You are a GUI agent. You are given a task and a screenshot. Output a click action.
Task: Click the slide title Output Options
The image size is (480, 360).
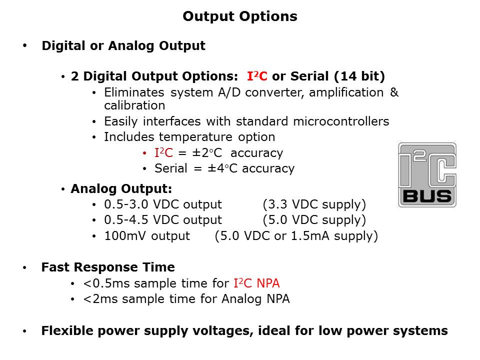pos(240,16)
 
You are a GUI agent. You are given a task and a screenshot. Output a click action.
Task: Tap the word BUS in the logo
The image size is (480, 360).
pos(427,196)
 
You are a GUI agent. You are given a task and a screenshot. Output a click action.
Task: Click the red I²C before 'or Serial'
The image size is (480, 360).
pos(257,76)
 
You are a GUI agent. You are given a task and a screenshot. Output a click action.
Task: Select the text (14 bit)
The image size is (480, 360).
pos(359,76)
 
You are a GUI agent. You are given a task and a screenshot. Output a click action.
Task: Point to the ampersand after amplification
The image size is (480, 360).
pos(394,92)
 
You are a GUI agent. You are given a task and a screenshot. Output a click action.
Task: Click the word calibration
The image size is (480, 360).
pos(134,105)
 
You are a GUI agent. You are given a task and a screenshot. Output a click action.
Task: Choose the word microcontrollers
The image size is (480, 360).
pos(341,121)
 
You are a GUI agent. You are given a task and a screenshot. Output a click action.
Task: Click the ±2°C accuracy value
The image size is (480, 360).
pos(207,153)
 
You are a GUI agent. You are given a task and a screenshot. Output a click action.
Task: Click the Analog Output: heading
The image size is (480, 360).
pos(121,189)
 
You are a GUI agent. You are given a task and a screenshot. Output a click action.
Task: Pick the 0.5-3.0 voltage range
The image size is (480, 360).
pos(126,204)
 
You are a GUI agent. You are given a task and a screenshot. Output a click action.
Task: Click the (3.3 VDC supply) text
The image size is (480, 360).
pos(314,204)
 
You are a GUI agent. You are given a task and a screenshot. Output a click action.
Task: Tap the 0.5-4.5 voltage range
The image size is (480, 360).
pos(126,220)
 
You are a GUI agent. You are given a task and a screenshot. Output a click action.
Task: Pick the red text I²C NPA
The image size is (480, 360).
pos(256,283)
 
